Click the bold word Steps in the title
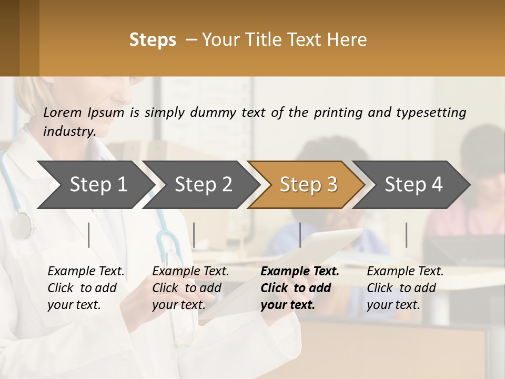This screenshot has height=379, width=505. (x=153, y=40)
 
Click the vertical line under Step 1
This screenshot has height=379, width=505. (x=89, y=235)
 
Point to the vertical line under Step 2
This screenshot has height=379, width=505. (x=194, y=235)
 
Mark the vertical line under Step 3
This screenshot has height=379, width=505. (x=300, y=235)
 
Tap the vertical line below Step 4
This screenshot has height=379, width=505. (x=407, y=235)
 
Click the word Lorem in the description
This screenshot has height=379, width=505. (x=63, y=113)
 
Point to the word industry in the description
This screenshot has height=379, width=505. (x=69, y=132)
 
